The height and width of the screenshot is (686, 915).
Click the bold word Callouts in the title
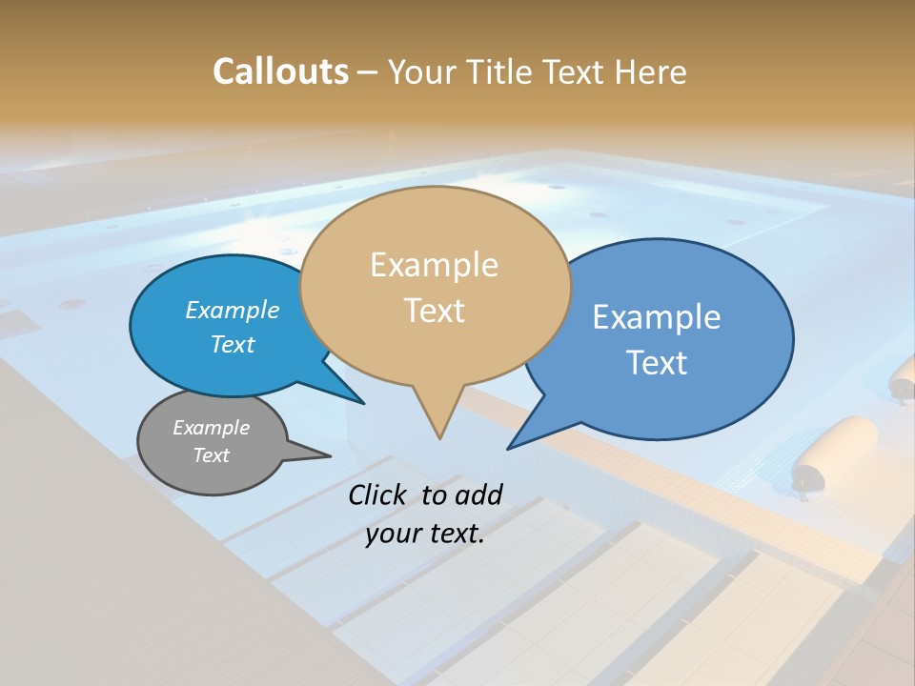click(x=280, y=71)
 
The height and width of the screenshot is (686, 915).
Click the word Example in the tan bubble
click(x=434, y=265)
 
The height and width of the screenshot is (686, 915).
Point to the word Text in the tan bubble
click(x=434, y=310)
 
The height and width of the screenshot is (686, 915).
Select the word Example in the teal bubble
click(x=233, y=310)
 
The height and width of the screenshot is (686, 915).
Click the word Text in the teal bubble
click(x=233, y=344)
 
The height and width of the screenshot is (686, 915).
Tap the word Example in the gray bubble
click(x=211, y=428)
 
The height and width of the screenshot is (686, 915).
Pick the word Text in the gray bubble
click(x=211, y=455)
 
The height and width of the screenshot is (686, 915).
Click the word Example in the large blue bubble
click(x=657, y=317)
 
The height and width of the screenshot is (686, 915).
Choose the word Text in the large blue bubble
click(x=657, y=362)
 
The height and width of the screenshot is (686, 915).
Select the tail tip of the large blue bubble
click(x=510, y=446)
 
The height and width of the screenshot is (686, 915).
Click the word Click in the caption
click(x=378, y=494)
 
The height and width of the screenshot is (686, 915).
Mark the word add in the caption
click(x=478, y=494)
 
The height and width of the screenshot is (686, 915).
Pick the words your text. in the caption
click(x=425, y=534)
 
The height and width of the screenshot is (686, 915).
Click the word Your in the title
click(x=424, y=71)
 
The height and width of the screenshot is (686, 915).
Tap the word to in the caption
click(x=434, y=494)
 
